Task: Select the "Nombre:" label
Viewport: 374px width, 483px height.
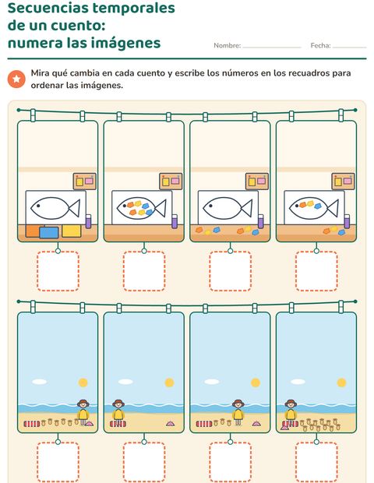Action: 227,46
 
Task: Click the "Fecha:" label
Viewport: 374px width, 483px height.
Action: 320,46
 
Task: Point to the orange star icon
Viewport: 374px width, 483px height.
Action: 16,79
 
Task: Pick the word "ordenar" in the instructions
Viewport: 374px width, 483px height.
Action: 47,86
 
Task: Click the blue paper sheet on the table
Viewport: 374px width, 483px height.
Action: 49,232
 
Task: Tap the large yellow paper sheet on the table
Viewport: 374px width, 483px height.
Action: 72,231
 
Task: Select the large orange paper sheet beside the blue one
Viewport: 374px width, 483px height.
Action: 33,231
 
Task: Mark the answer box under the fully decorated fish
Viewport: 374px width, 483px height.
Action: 144,271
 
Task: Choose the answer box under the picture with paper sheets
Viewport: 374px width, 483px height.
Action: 58,271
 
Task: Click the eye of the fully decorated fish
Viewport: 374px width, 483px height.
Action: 124,206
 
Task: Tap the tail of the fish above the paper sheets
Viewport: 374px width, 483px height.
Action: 75,209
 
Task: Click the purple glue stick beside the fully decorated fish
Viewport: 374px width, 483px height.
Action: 175,221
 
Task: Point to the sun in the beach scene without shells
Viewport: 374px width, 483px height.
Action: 169,383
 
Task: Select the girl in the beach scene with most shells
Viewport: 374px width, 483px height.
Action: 291,413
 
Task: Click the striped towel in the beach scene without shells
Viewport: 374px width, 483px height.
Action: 118,424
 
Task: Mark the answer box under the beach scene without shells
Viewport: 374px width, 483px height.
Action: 144,462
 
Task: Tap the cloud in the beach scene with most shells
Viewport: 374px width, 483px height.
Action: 298,382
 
